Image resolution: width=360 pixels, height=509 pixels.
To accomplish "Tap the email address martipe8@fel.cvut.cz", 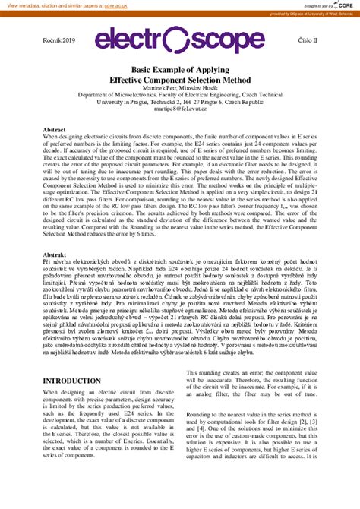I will coord(180,109).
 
